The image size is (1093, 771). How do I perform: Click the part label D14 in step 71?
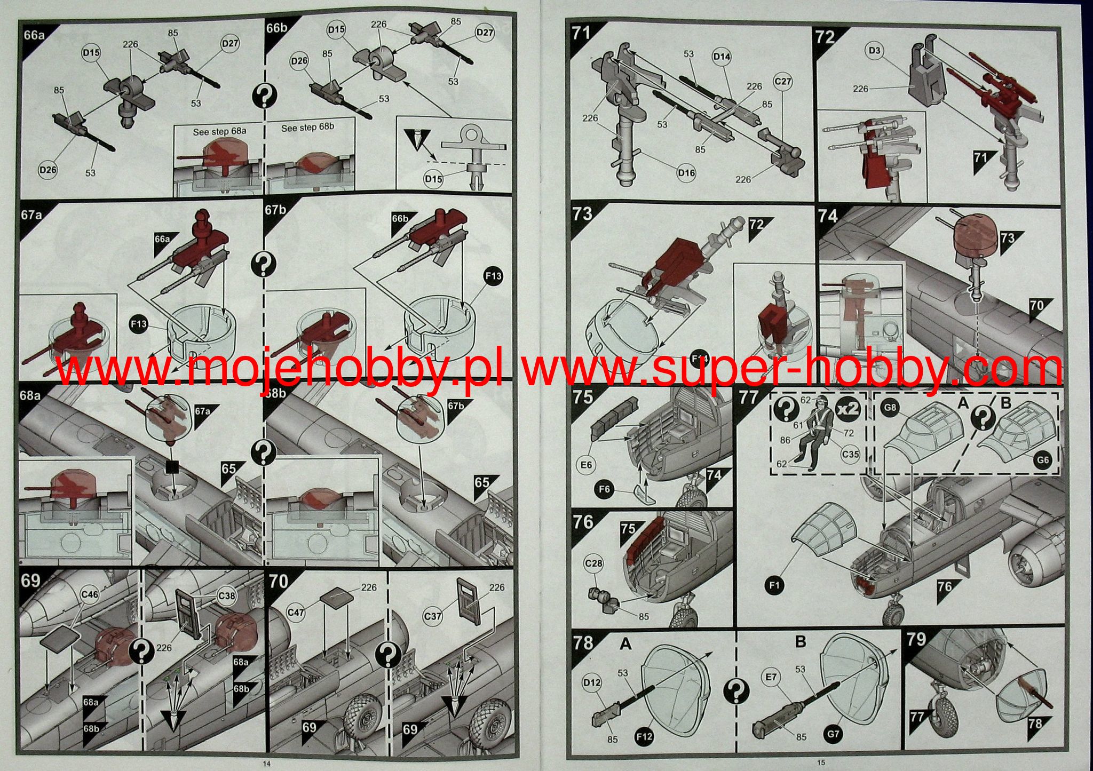(722, 57)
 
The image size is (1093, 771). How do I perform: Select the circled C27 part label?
(783, 82)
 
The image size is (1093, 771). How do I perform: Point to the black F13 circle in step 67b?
(493, 276)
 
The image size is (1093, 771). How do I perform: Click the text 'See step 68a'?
(219, 131)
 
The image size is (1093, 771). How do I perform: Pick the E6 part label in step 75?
(586, 465)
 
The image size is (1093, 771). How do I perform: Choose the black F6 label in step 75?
(605, 489)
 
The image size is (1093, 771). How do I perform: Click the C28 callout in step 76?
(593, 563)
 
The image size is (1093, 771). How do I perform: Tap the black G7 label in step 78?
(833, 734)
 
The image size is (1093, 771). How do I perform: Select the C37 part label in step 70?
(433, 602)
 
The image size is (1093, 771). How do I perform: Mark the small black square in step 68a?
(171, 467)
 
